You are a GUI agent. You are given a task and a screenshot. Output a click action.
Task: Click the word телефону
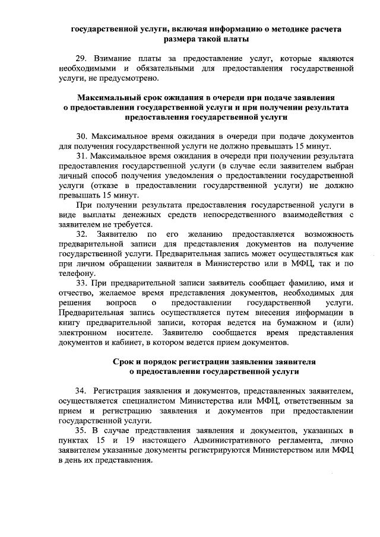pos(77,273)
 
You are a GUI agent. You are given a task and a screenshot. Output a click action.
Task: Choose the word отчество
pos(75,293)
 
